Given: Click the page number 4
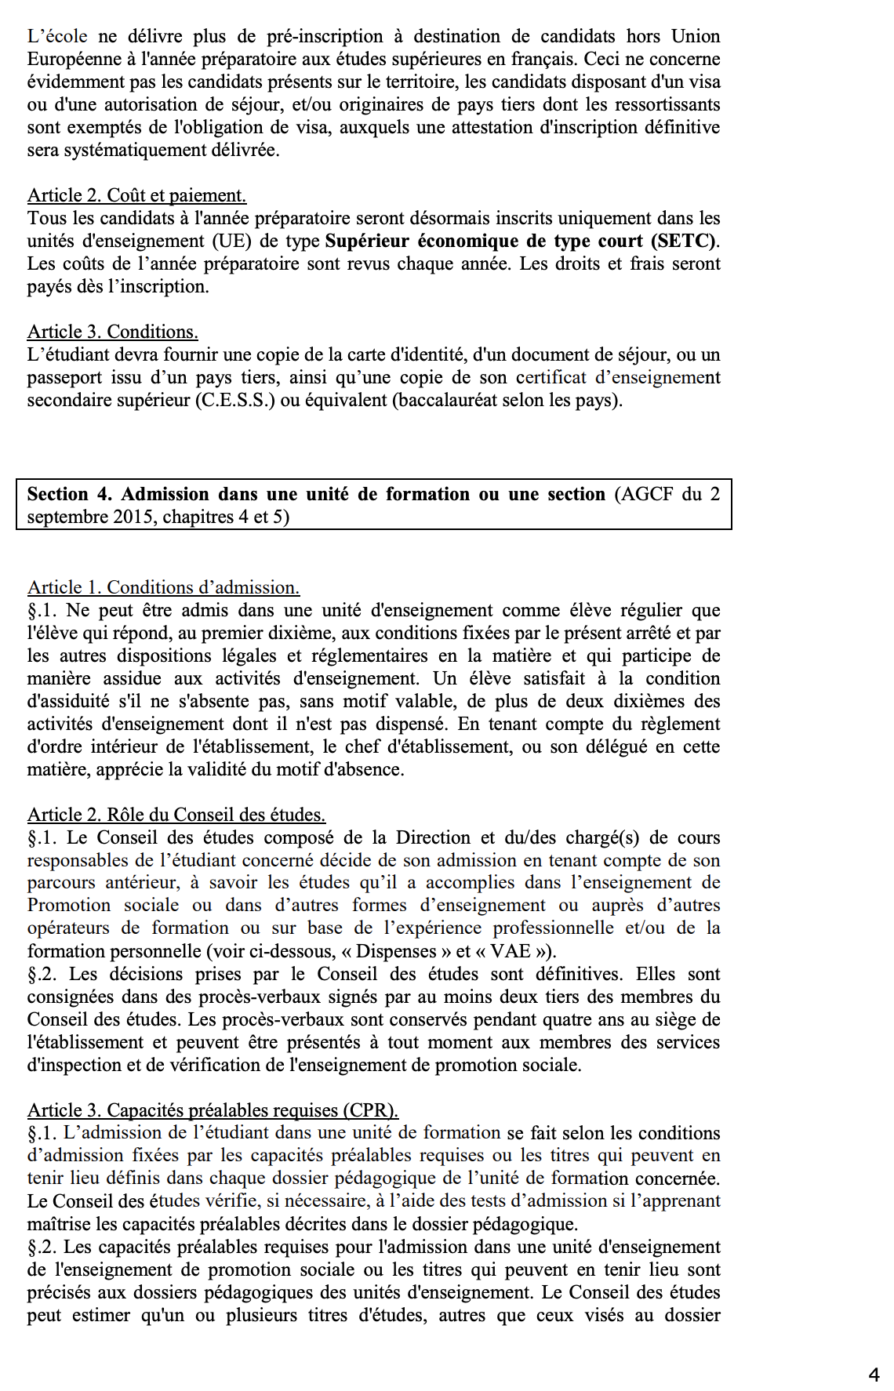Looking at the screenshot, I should pyautogui.click(x=874, y=1375).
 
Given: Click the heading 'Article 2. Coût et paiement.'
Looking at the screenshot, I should pyautogui.click(x=136, y=195).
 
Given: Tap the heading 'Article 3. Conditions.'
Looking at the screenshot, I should pyautogui.click(x=112, y=332).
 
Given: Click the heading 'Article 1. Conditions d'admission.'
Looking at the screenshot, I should pyautogui.click(x=163, y=587).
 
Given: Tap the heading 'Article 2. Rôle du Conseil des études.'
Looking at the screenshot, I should pyautogui.click(x=176, y=815).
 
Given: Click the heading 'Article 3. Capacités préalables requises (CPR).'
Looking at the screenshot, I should pyautogui.click(x=213, y=1110).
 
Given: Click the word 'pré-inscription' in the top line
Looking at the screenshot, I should pyautogui.click(x=325, y=36).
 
